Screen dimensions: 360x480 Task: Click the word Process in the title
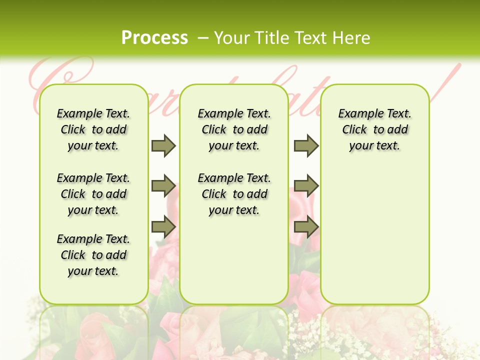(154, 37)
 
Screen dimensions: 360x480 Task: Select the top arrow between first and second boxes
(163, 145)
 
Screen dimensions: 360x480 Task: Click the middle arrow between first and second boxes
(163, 186)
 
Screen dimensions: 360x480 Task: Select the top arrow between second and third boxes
(306, 145)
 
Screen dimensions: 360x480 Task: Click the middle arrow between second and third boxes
(306, 186)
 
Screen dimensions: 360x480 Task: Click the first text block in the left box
(93, 129)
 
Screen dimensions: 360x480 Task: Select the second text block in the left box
(93, 194)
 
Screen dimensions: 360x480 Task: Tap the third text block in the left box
(93, 255)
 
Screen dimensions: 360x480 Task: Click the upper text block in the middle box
(234, 129)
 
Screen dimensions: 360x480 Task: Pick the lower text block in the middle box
(234, 194)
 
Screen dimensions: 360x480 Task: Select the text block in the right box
(375, 129)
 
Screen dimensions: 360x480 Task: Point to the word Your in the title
(233, 38)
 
